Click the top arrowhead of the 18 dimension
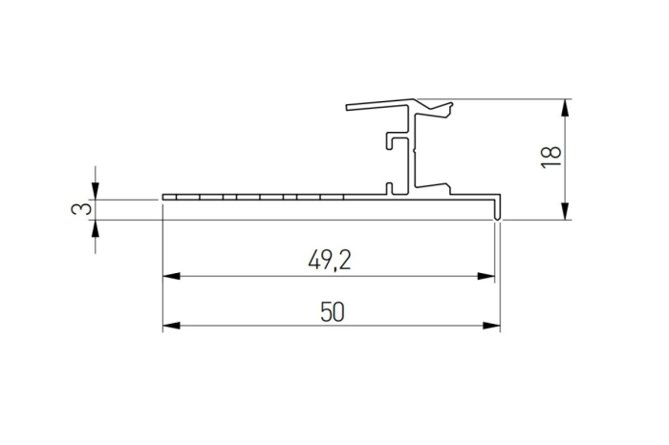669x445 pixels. (x=567, y=106)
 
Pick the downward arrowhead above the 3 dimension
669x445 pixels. (x=96, y=192)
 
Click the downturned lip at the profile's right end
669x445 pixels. (x=497, y=207)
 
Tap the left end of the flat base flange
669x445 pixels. (x=166, y=198)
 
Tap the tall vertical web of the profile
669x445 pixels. (x=413, y=153)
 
